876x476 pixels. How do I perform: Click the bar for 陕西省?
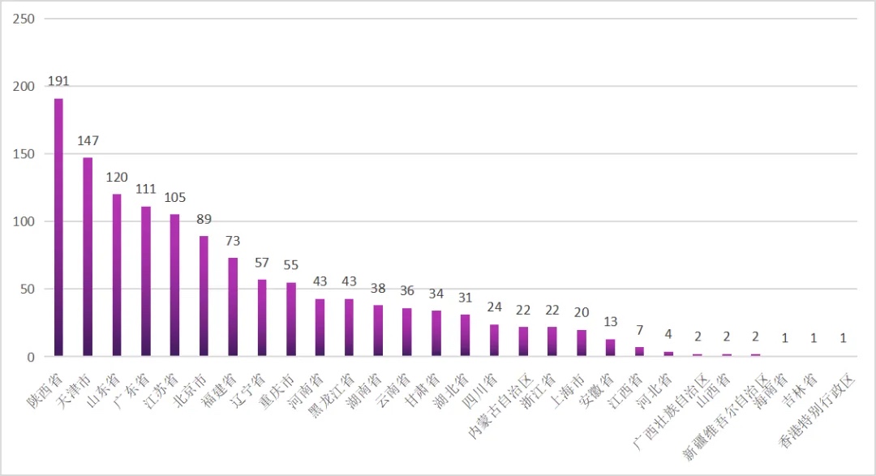(58, 227)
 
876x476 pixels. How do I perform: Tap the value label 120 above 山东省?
(117, 177)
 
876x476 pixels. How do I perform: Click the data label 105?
(174, 197)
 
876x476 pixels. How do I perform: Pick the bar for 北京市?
(204, 296)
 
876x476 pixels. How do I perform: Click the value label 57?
(262, 262)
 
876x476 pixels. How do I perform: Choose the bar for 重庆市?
(291, 319)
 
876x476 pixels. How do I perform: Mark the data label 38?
(378, 288)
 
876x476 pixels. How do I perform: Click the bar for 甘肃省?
(436, 333)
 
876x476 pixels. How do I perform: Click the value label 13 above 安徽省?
(611, 322)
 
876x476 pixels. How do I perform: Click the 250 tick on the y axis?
(24, 19)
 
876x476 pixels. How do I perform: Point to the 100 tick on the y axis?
(24, 221)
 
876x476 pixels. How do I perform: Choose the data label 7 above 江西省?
(640, 330)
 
